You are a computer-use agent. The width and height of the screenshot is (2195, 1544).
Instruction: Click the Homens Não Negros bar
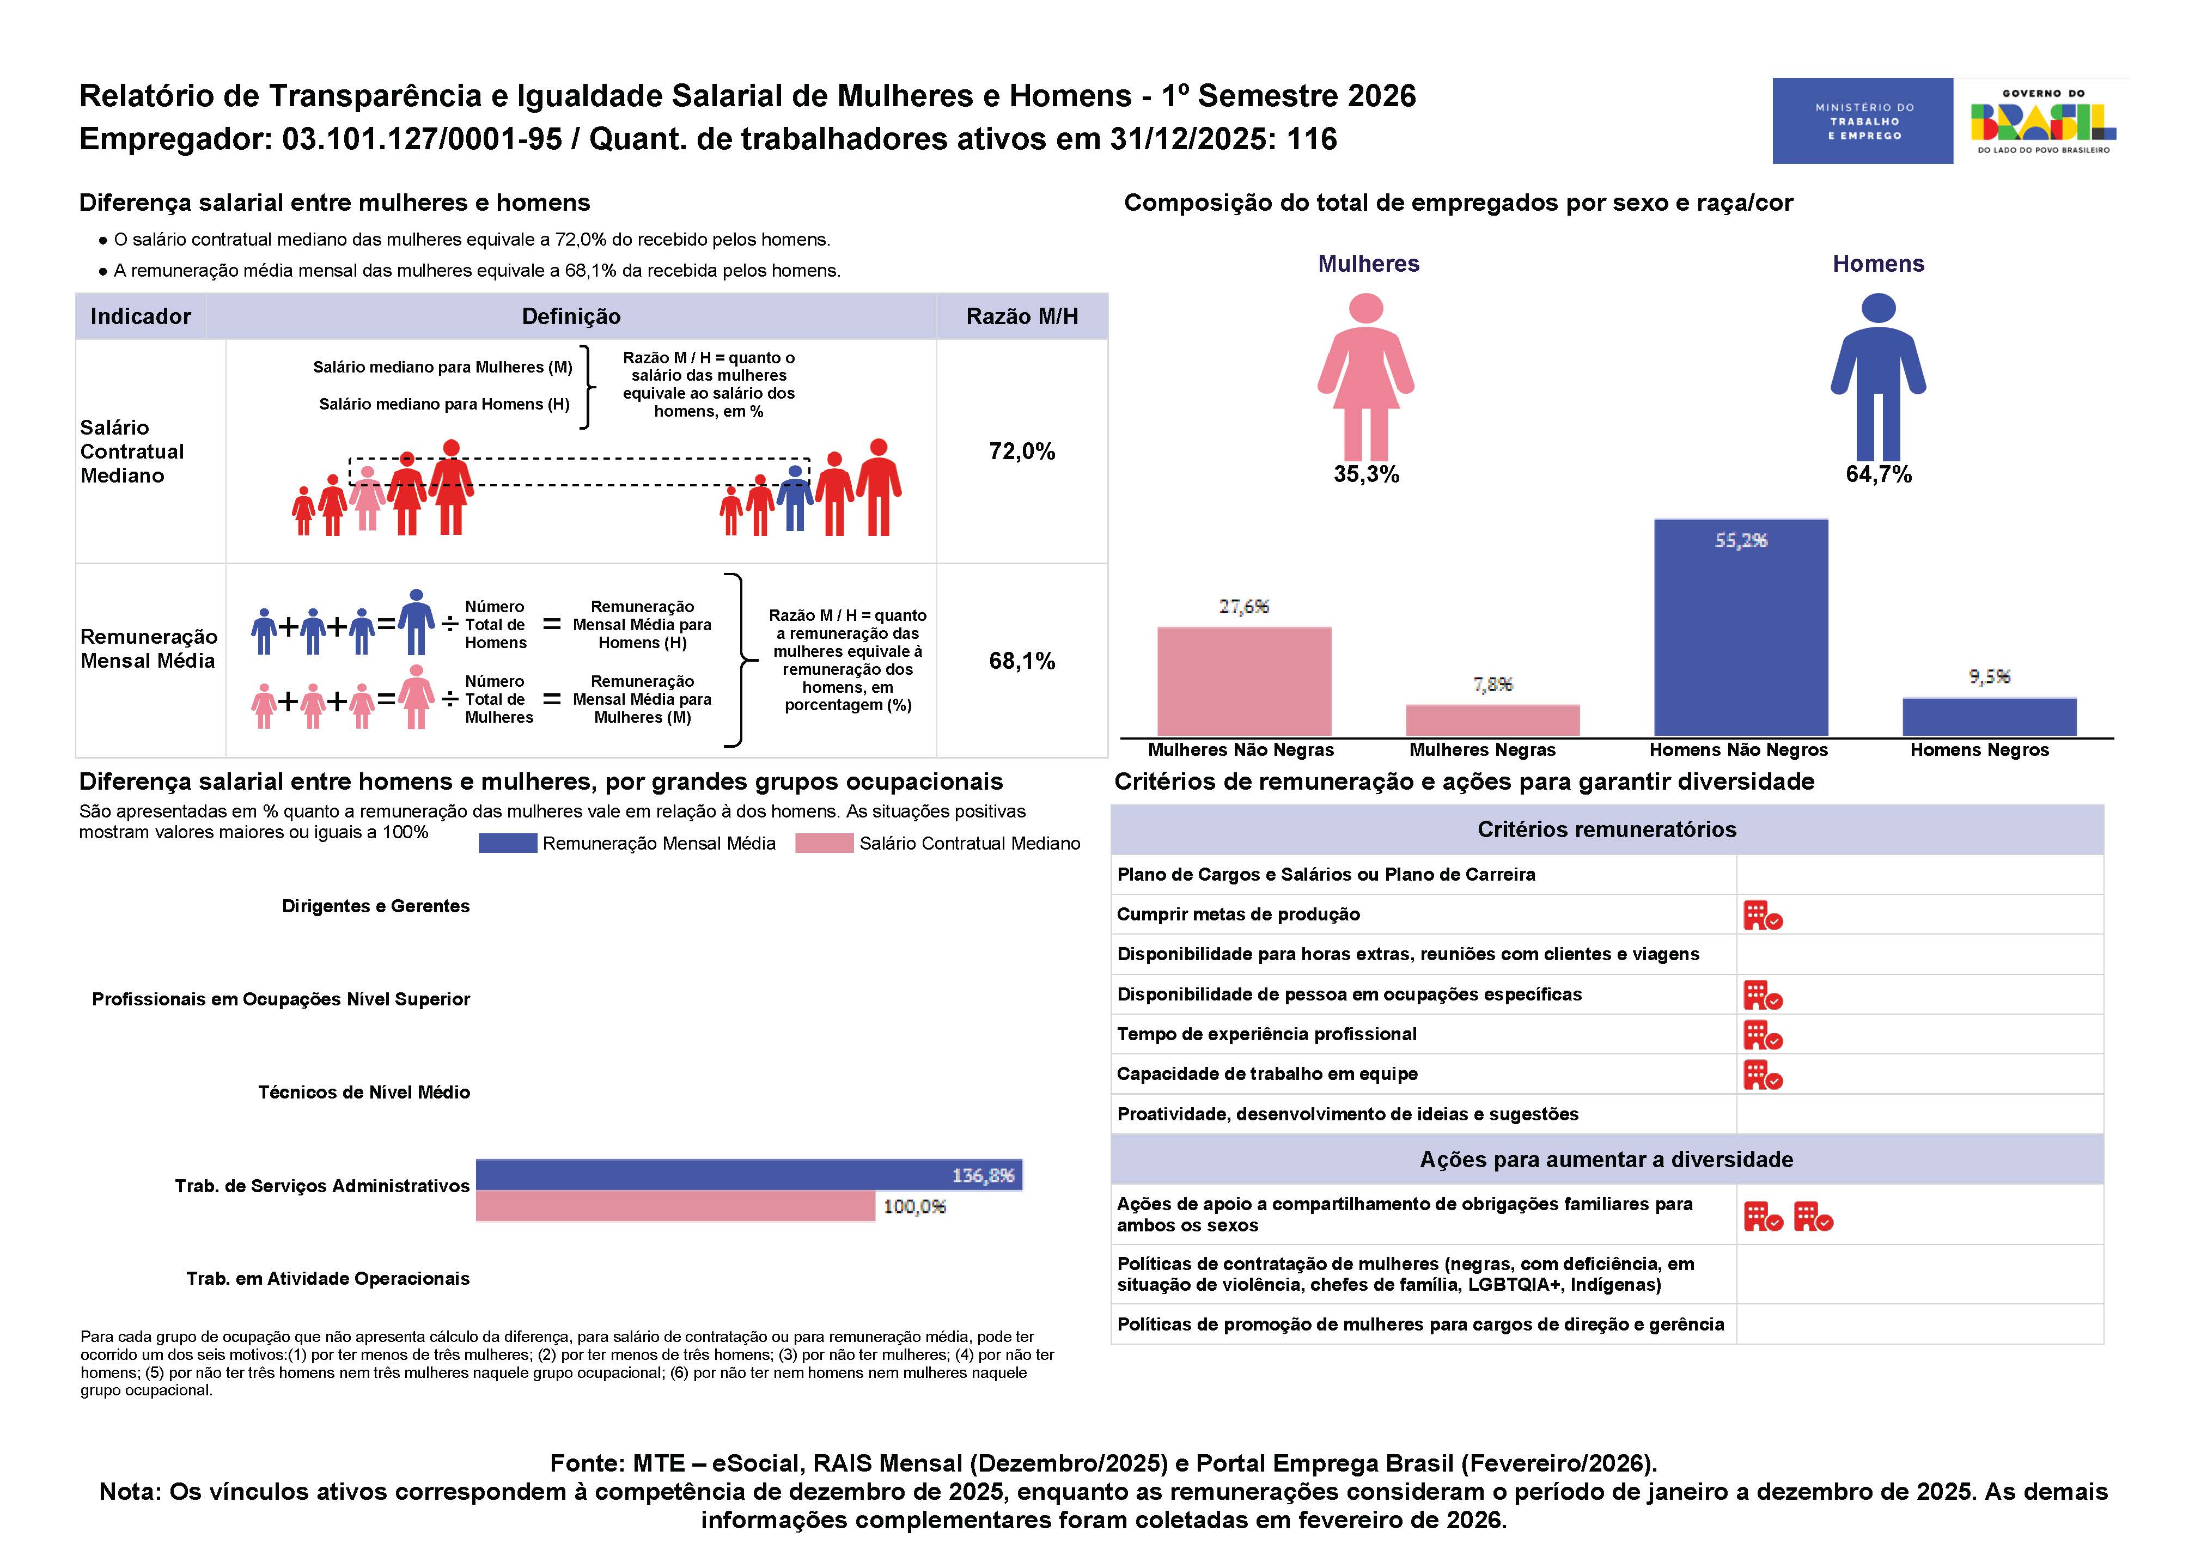(x=1740, y=627)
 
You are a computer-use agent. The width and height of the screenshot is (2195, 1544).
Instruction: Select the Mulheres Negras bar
(x=1492, y=720)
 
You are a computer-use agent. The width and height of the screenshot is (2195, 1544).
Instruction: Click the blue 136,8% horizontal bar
(x=748, y=1175)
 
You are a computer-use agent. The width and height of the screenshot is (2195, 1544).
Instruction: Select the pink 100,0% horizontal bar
(x=675, y=1206)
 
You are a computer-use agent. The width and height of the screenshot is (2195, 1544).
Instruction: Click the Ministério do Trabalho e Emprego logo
(x=1862, y=120)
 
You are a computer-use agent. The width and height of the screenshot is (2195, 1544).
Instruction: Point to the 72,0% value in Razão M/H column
(x=1022, y=451)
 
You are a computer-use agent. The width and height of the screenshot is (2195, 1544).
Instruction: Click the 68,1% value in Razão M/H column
(x=1022, y=661)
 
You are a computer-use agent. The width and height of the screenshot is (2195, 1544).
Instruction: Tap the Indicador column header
(x=141, y=316)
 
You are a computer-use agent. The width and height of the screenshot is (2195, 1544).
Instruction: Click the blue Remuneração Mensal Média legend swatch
(x=508, y=843)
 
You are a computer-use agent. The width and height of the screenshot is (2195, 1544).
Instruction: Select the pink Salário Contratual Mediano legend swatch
(x=824, y=843)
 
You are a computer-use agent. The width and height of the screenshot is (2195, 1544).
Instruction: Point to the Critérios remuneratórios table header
(x=1607, y=829)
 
